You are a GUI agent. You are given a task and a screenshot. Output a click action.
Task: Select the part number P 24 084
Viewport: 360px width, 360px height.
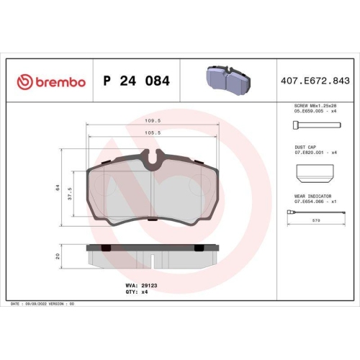[x=136, y=81]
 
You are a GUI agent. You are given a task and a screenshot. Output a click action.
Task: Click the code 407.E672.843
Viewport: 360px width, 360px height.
[x=316, y=81]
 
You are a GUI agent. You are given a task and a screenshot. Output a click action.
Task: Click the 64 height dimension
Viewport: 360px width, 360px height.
[x=58, y=187]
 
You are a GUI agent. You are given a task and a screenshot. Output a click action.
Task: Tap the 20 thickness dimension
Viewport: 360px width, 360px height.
[x=58, y=256]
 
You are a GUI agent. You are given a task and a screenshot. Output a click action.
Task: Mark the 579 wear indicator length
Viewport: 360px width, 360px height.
[x=316, y=222]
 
